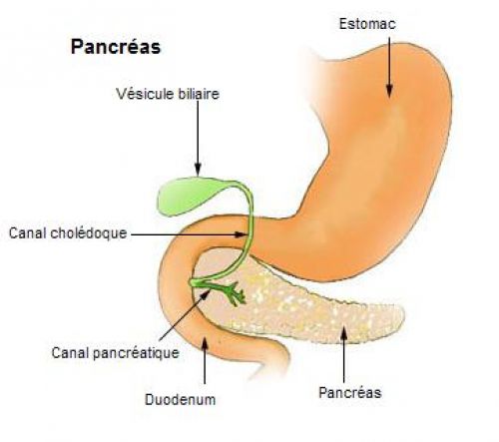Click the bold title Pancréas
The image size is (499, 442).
116,47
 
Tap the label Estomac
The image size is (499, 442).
367,24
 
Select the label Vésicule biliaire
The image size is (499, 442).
168,94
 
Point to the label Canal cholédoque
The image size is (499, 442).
68,233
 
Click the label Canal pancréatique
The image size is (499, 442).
116,353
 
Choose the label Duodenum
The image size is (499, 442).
181,399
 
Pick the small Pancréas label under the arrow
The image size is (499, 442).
350,393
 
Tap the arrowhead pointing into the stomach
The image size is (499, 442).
389,91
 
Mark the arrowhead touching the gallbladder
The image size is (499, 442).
198,169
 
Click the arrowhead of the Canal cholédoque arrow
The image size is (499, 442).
241,234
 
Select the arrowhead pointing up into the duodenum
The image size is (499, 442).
205,342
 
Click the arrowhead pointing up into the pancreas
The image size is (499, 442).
343,333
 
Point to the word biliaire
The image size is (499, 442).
199,94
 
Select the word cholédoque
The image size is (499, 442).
89,233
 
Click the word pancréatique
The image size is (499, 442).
136,353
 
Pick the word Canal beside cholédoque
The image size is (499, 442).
28,233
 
